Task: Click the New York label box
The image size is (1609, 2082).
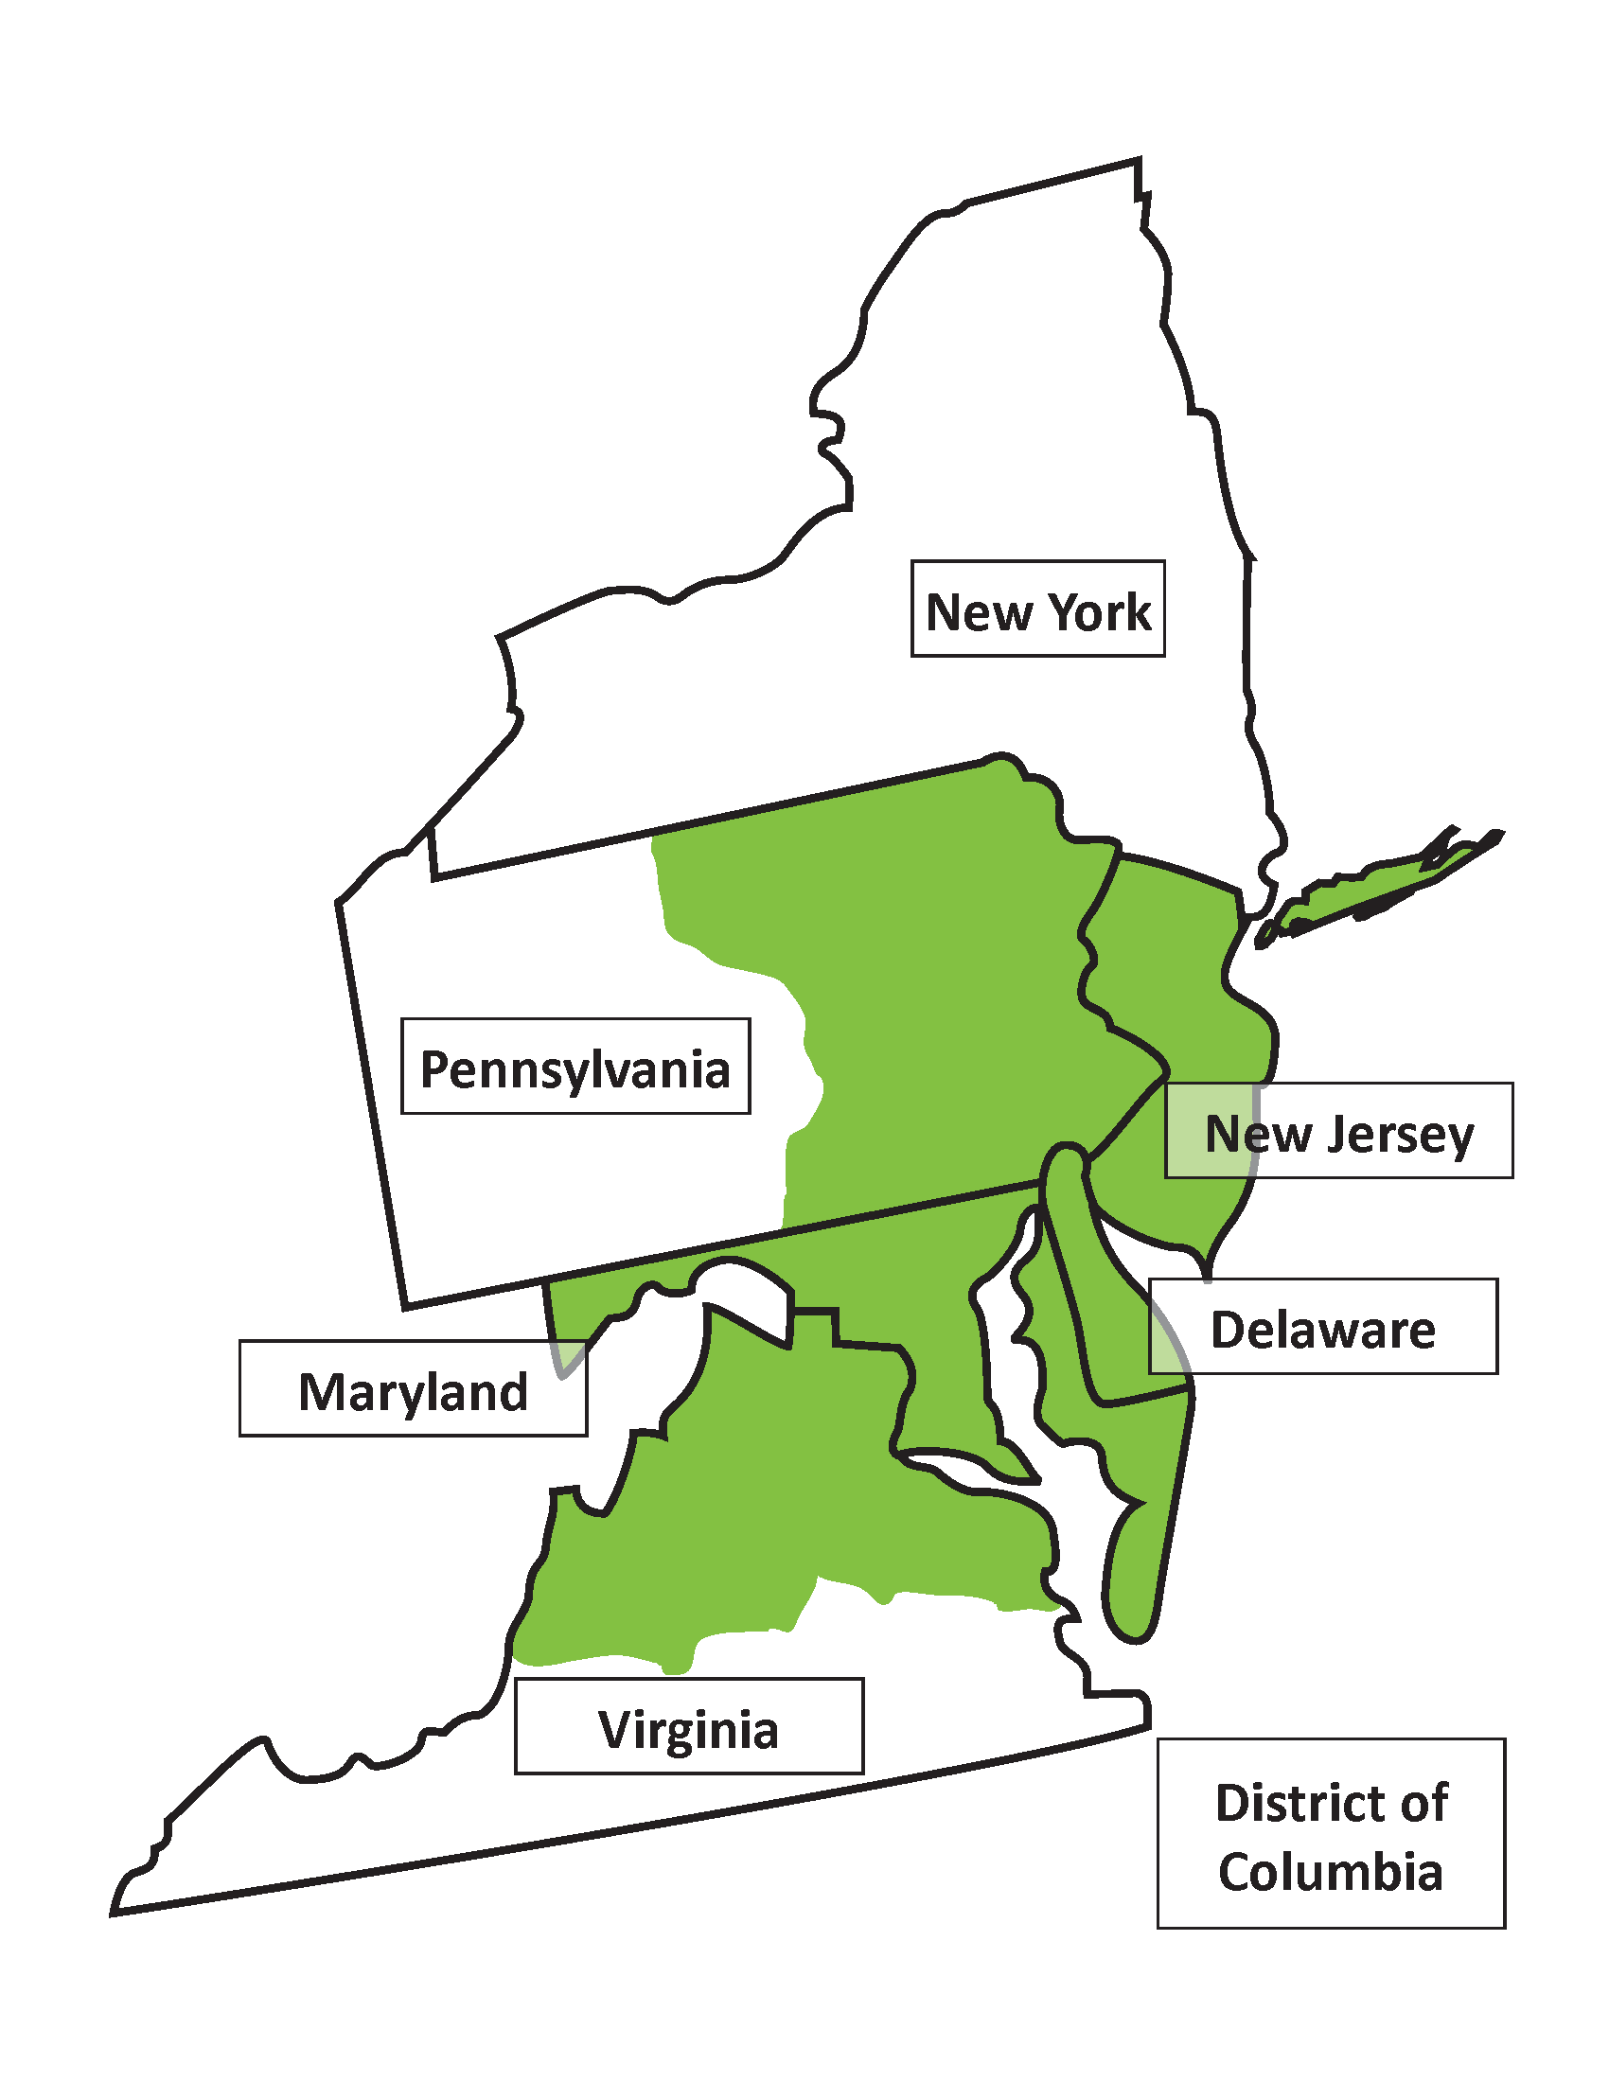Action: (x=1037, y=609)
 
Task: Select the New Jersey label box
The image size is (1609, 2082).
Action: (x=1338, y=1131)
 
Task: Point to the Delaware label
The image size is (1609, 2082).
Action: (x=1322, y=1326)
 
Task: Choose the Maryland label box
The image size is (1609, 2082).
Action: (x=413, y=1388)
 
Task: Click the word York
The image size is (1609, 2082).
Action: (x=1102, y=611)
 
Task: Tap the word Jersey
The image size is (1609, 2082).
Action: (x=1400, y=1135)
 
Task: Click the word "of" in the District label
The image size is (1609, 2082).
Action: (x=1427, y=1802)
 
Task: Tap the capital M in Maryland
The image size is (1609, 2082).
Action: (x=320, y=1391)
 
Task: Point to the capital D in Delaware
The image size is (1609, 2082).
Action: (x=1228, y=1329)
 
